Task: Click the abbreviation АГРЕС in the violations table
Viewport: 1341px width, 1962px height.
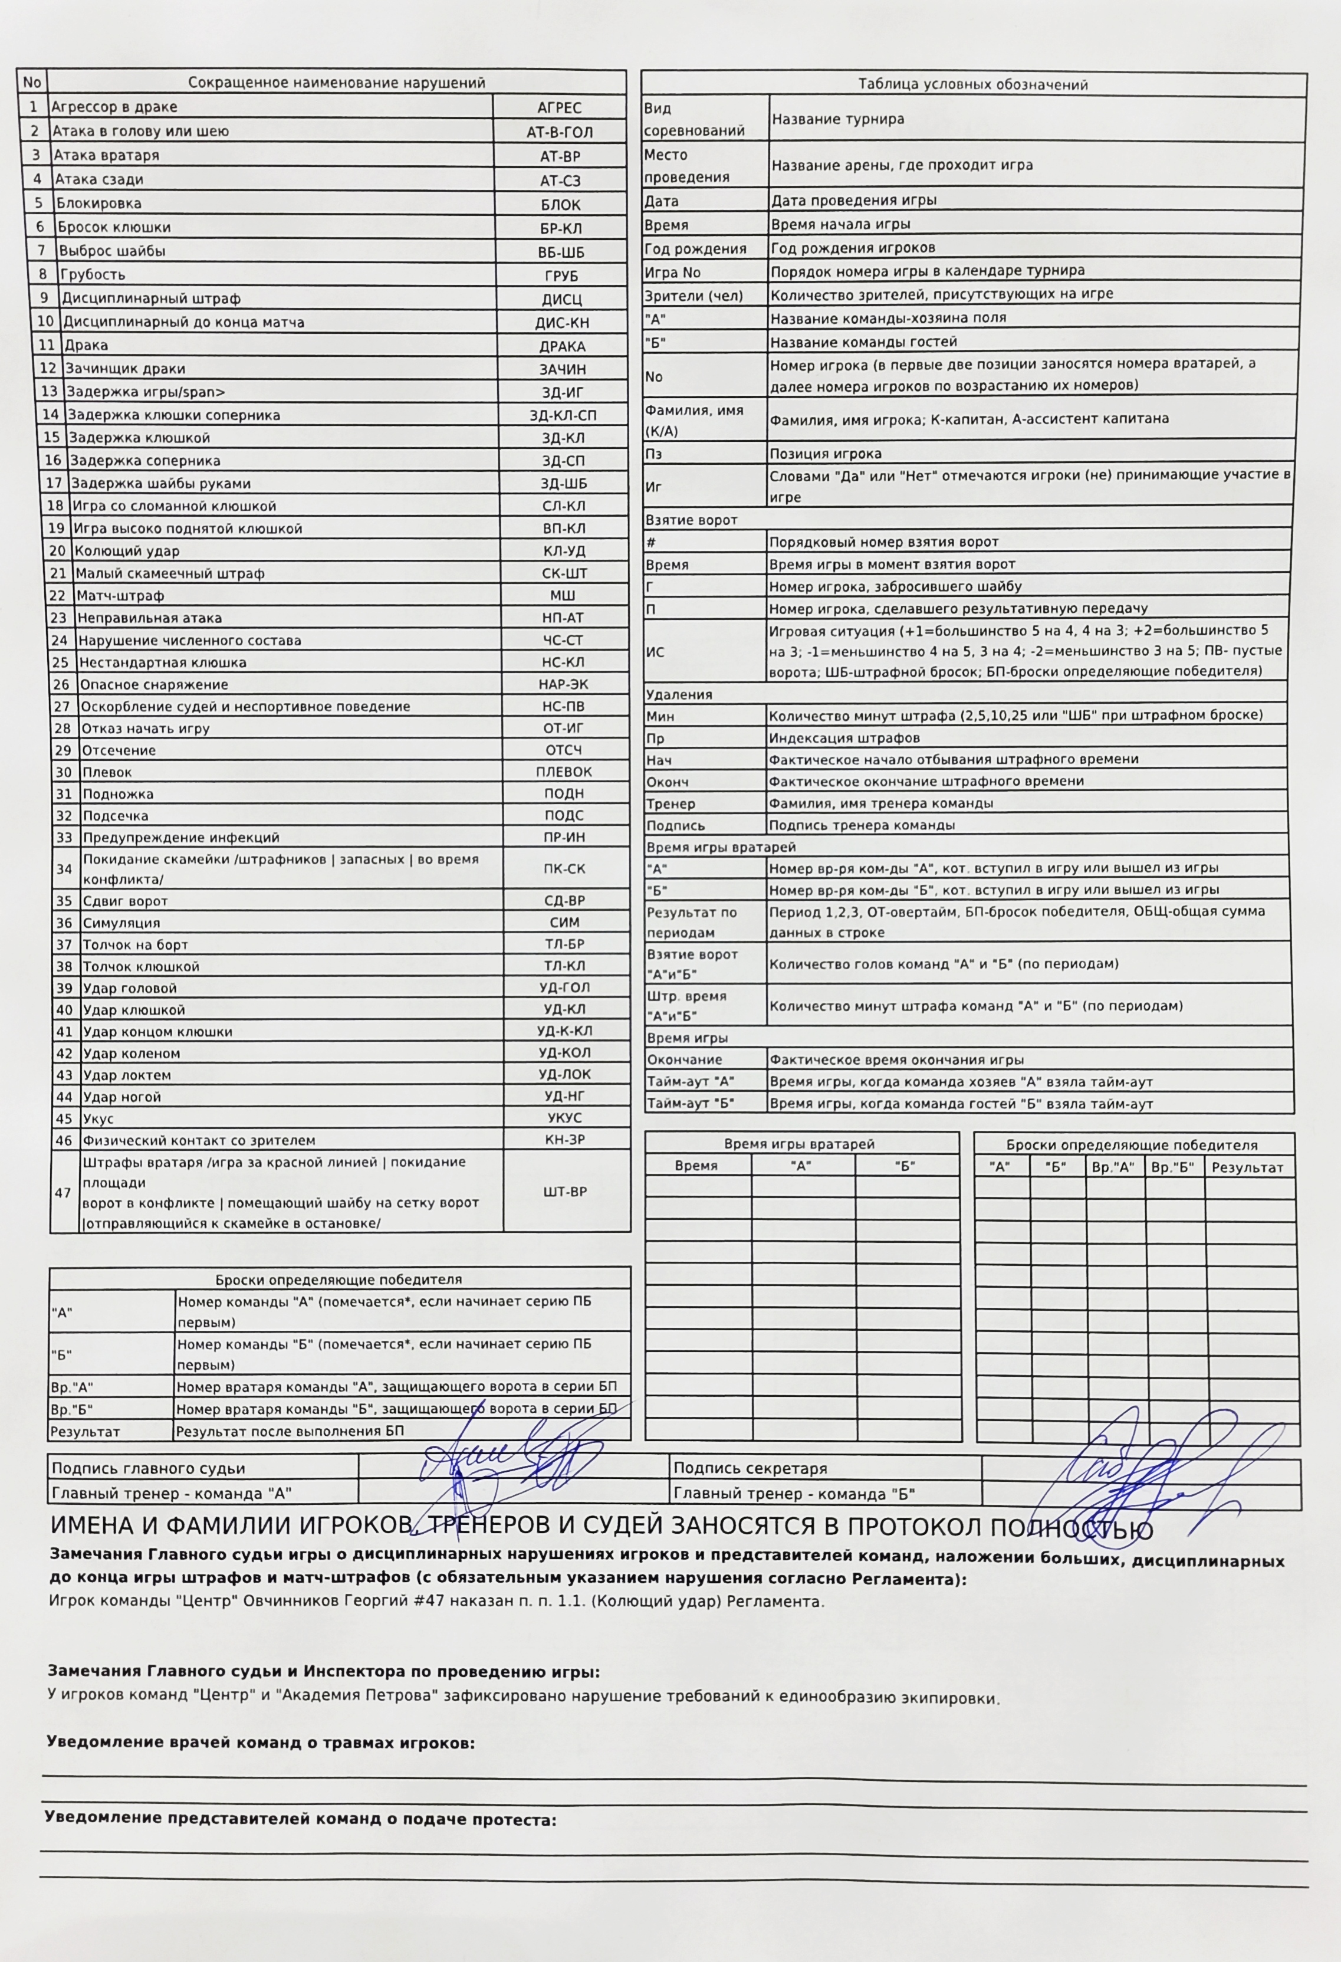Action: tap(560, 108)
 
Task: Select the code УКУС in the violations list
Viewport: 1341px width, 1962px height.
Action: tap(564, 1118)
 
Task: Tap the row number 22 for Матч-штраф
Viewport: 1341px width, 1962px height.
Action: tap(58, 595)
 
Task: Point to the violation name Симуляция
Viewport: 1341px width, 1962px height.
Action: tap(121, 923)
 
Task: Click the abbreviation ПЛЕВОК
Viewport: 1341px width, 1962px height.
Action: tap(564, 772)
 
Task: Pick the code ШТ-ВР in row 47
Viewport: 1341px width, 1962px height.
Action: tap(564, 1191)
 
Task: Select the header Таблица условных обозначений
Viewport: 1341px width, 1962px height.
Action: tap(972, 84)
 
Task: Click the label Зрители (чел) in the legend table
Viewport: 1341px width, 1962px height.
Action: tap(693, 294)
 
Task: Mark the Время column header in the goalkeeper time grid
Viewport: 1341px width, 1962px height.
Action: tap(696, 1166)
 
